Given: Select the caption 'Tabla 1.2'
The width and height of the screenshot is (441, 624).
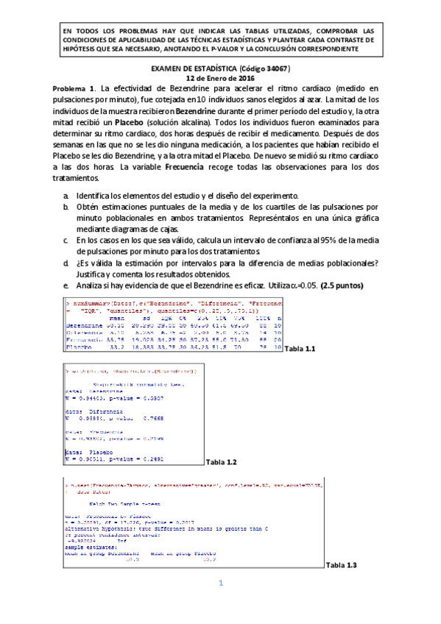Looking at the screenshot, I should [222, 461].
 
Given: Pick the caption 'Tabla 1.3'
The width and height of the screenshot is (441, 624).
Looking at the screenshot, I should [341, 564].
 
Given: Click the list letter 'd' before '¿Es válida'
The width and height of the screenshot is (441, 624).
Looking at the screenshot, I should [66, 262].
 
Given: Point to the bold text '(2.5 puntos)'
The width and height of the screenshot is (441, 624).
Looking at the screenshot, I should [336, 285].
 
